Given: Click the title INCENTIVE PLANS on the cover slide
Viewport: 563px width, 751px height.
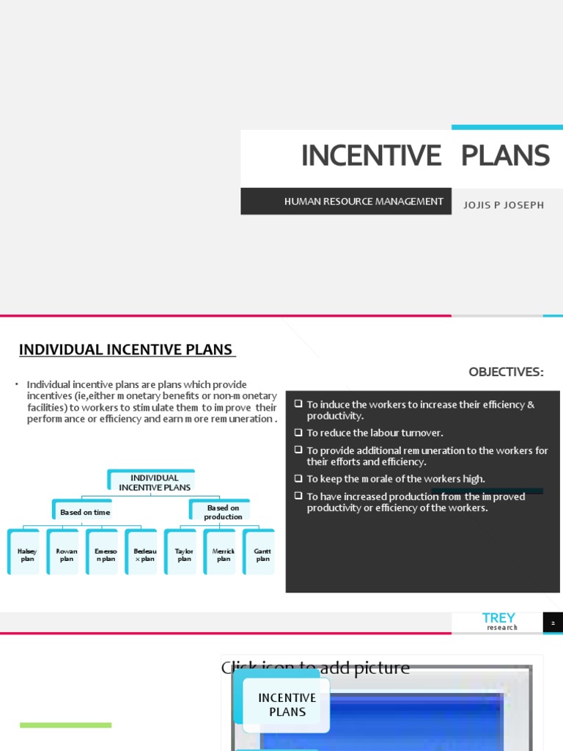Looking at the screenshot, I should (x=425, y=155).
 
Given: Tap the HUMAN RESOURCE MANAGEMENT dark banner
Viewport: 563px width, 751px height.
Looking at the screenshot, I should (x=364, y=201).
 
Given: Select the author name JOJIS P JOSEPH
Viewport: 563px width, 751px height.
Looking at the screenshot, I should (x=504, y=205).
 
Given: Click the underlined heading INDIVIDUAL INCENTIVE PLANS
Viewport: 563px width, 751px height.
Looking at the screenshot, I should (x=126, y=350).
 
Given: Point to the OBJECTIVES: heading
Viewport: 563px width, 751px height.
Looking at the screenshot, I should (x=506, y=372).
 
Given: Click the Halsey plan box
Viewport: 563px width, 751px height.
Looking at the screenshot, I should (x=27, y=554).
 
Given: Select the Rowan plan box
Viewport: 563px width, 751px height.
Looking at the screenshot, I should (x=67, y=554).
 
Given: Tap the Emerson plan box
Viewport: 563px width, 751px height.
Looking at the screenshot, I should (x=106, y=554).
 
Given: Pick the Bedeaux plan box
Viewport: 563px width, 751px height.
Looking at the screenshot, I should (x=145, y=554).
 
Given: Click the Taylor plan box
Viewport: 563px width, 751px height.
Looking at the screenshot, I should (x=184, y=554).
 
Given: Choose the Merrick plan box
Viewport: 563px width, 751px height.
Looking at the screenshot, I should (x=224, y=554).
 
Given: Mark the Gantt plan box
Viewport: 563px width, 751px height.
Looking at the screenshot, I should (x=262, y=554).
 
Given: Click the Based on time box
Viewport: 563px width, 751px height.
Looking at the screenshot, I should (x=86, y=512).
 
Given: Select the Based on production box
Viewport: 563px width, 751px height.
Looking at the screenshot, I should (x=223, y=512).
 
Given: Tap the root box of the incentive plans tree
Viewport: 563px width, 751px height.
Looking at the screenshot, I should (x=155, y=482).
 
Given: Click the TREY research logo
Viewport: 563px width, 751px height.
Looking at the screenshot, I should (x=498, y=621).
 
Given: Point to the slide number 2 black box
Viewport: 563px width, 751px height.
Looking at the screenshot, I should (x=553, y=623).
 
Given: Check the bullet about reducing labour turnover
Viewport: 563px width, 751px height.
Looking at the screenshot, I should (x=375, y=433).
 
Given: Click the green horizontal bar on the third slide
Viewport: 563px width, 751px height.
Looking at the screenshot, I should (x=66, y=725).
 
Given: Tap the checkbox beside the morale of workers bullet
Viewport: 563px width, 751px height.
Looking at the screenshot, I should (x=298, y=478).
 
